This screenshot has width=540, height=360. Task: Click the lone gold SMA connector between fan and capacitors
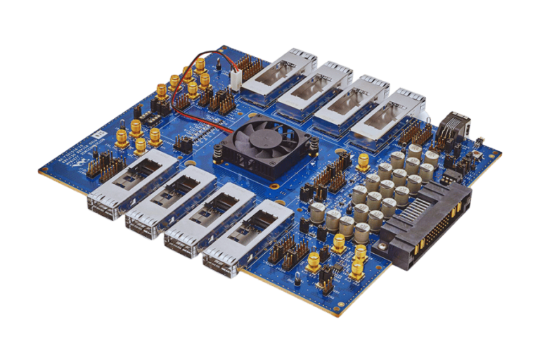[x=363, y=161]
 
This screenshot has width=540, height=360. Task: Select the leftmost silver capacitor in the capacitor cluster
[x=316, y=210]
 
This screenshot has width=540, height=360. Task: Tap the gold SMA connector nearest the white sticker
[x=121, y=136]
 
